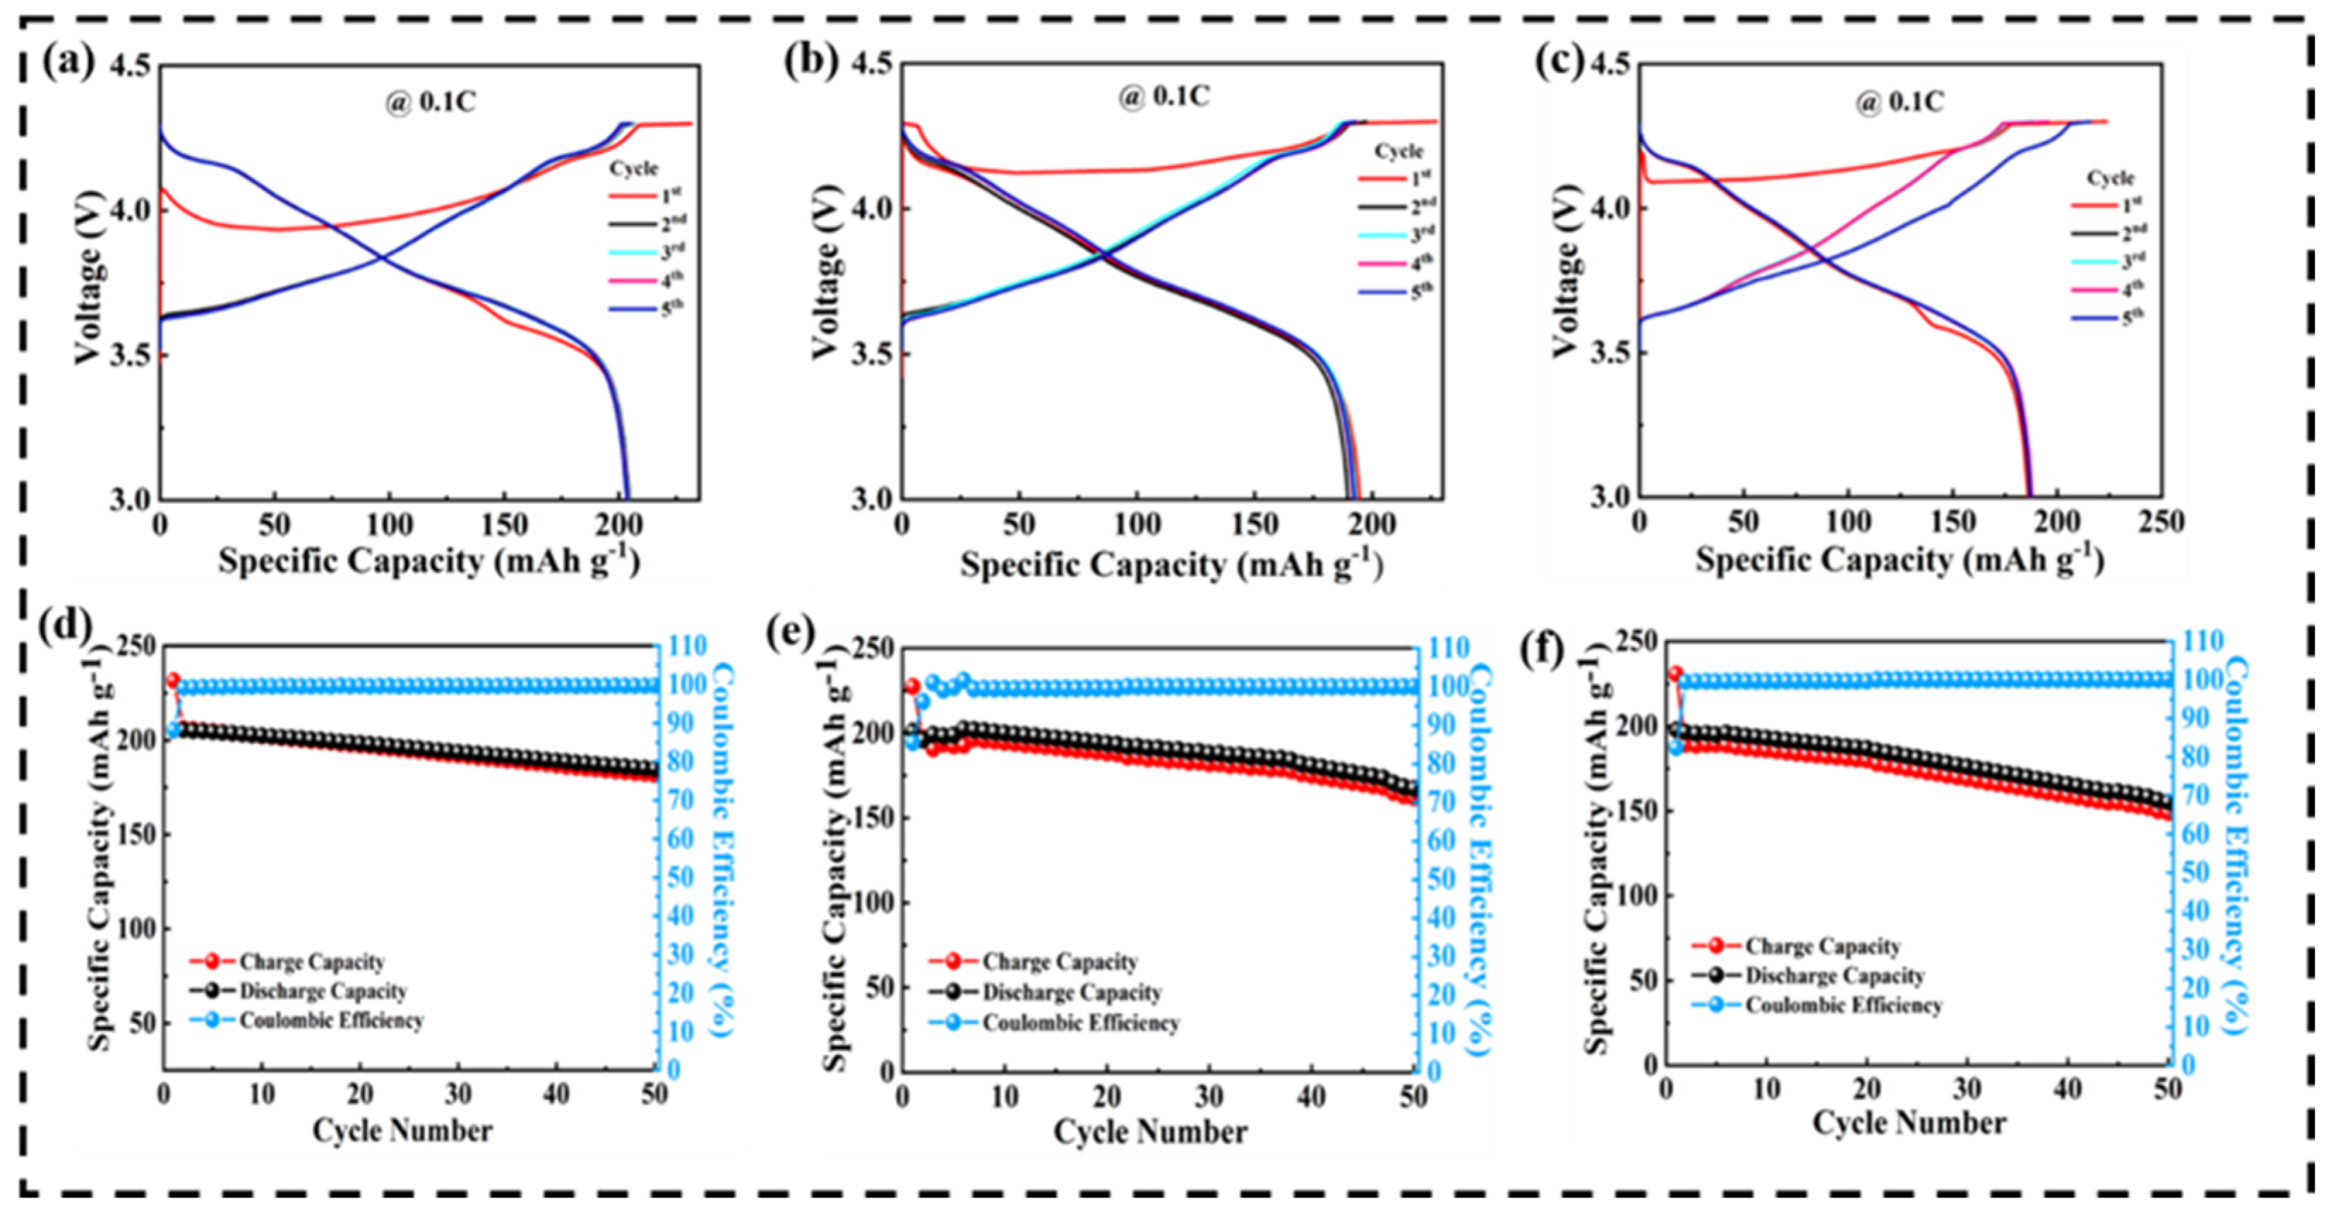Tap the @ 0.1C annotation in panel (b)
(1164, 96)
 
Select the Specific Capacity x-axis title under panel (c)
(1900, 561)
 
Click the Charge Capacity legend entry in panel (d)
(310, 962)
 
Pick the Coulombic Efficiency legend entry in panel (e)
(1080, 1023)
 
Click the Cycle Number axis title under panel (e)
(1150, 1131)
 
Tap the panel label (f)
(1542, 650)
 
